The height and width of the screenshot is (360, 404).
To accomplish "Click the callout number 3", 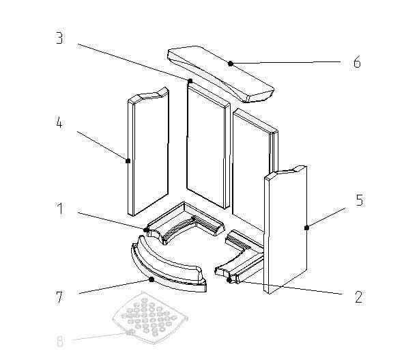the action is [x=59, y=38].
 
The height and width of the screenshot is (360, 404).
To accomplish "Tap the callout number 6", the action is [x=357, y=62].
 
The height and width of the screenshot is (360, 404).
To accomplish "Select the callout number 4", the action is [x=59, y=122].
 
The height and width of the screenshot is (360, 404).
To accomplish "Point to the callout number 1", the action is [x=60, y=208].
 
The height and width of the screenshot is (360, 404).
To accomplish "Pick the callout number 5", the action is [x=360, y=200].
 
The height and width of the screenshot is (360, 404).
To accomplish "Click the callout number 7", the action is [x=59, y=297].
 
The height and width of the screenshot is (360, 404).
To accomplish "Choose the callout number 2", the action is [x=359, y=297].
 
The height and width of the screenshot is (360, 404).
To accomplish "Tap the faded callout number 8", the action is [x=59, y=342].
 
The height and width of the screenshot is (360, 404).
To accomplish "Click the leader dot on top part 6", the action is [x=231, y=64].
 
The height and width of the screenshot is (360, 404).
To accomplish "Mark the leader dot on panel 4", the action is [x=128, y=161].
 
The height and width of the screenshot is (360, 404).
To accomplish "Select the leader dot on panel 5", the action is [x=306, y=227].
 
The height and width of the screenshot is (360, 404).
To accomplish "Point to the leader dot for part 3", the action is [x=190, y=81].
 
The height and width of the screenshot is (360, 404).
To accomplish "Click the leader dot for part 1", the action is [x=146, y=230].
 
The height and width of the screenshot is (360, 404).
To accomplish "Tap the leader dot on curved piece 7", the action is [x=151, y=279].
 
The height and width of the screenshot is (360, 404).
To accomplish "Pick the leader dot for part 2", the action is [x=229, y=280].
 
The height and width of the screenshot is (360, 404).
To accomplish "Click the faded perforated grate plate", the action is [x=150, y=318].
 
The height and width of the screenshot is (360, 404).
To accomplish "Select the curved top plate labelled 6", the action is [x=220, y=74].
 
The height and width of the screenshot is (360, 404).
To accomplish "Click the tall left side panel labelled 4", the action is [x=148, y=152].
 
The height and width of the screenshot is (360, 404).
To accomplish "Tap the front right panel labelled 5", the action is [x=285, y=230].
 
